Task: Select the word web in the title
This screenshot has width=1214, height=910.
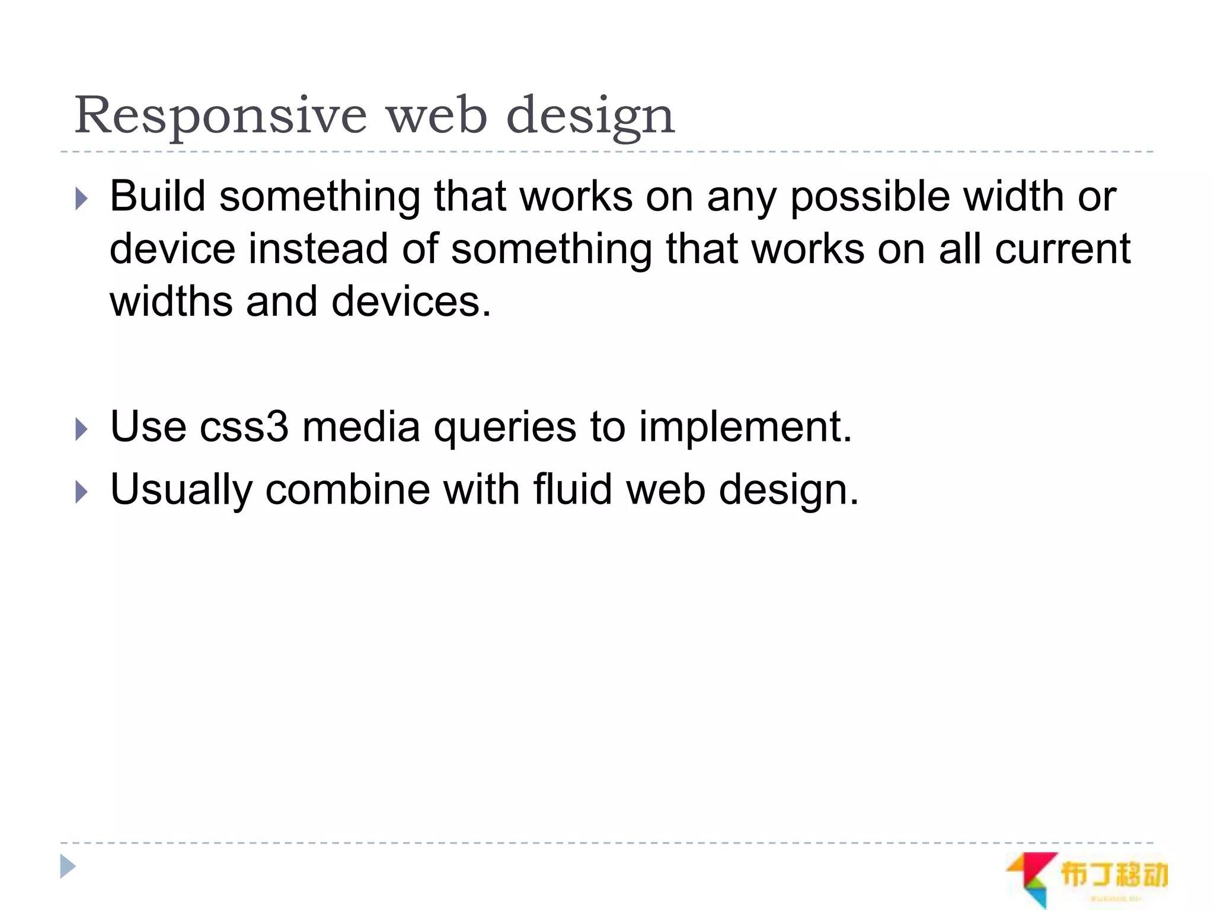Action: click(x=437, y=116)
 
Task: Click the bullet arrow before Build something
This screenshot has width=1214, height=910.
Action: click(x=82, y=199)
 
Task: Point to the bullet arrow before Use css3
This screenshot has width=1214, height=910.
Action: click(x=82, y=429)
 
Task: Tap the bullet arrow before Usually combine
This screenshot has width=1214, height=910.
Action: click(x=82, y=492)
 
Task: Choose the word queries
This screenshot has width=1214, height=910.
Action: click(x=504, y=428)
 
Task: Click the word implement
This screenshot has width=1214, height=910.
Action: click(x=745, y=428)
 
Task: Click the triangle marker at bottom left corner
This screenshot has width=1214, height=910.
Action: click(x=68, y=867)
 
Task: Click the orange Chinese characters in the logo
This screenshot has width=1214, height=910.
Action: click(x=1113, y=875)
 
